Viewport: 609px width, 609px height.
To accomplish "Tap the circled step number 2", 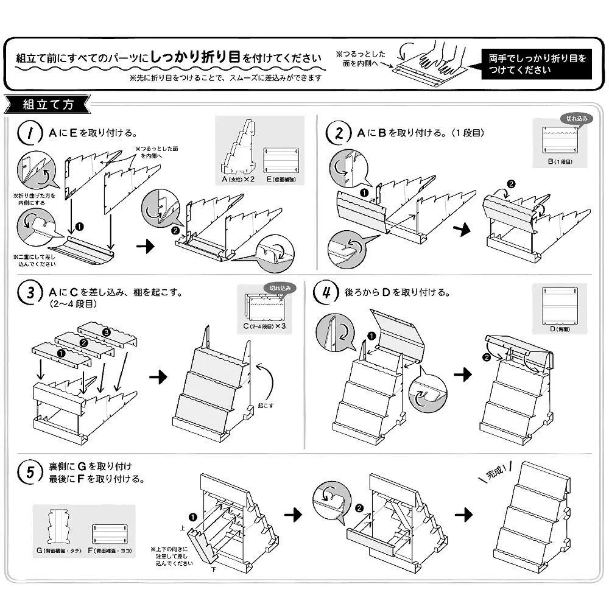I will click(336, 132).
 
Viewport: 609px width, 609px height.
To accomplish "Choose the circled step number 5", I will click(28, 473).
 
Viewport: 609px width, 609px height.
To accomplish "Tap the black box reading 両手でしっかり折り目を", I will click(537, 64).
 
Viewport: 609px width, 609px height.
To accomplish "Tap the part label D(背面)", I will click(558, 329).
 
